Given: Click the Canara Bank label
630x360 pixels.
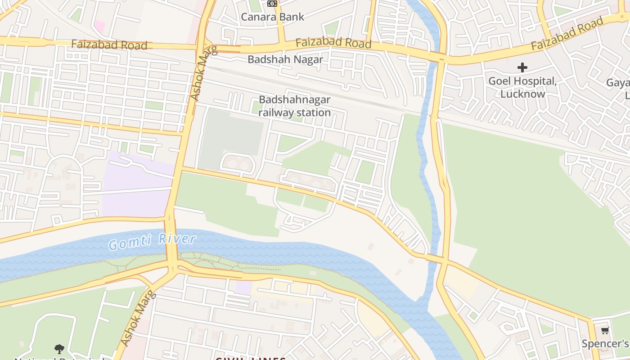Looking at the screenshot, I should pyautogui.click(x=272, y=17).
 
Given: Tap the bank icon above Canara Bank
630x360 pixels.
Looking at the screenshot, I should pyautogui.click(x=272, y=4).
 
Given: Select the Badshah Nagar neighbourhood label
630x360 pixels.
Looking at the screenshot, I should pyautogui.click(x=285, y=59).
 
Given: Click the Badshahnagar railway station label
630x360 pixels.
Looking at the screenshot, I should pyautogui.click(x=295, y=106).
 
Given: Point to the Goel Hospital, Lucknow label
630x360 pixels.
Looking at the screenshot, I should pyautogui.click(x=522, y=87).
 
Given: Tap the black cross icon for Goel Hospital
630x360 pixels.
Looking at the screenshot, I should pyautogui.click(x=522, y=68).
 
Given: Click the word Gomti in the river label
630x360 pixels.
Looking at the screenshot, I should pyautogui.click(x=129, y=243).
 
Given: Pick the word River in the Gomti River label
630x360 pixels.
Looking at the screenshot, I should pyautogui.click(x=179, y=238).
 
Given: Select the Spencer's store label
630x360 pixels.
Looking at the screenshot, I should pyautogui.click(x=605, y=344).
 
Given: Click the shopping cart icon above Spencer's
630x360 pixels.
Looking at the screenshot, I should pyautogui.click(x=605, y=331).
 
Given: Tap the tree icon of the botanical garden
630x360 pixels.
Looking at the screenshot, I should pyautogui.click(x=59, y=349).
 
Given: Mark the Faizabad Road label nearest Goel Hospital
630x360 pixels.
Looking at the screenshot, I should pyautogui.click(x=566, y=34).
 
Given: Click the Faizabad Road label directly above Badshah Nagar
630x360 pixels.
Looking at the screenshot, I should pyautogui.click(x=333, y=43).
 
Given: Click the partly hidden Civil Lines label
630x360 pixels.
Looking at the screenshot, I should pyautogui.click(x=250, y=358).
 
